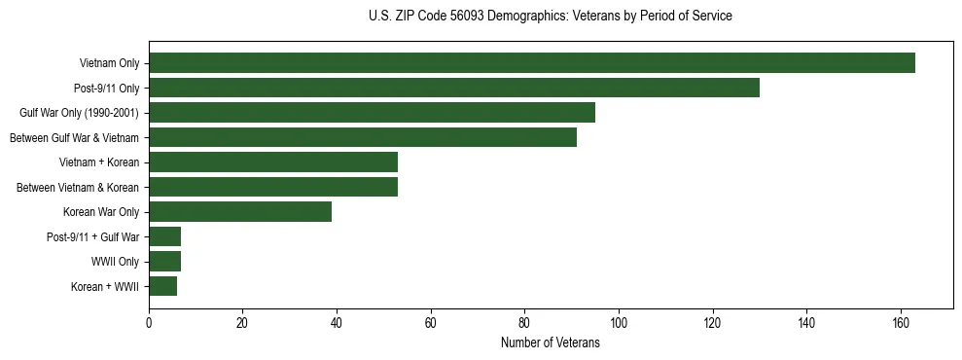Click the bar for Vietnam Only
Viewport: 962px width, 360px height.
point(532,63)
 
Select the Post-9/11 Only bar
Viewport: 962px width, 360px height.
point(454,88)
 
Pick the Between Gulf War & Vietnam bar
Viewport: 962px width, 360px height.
point(363,137)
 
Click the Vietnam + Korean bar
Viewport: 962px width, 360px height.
point(273,162)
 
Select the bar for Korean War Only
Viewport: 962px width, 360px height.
point(240,212)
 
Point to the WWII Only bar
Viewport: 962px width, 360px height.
point(164,262)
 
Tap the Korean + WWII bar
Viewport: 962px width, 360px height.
point(162,286)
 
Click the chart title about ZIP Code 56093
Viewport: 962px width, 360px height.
point(551,17)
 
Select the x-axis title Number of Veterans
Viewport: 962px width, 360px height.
point(551,343)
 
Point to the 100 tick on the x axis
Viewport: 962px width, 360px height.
point(619,323)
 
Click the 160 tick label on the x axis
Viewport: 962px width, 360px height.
point(901,323)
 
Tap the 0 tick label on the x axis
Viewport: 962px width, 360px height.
point(149,323)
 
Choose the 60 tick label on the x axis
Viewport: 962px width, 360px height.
point(431,323)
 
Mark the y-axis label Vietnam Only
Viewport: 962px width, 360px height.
point(109,63)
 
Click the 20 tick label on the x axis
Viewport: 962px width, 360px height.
point(243,323)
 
